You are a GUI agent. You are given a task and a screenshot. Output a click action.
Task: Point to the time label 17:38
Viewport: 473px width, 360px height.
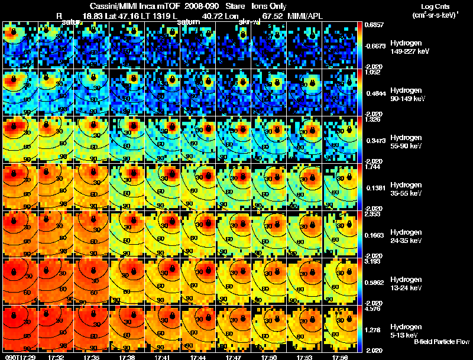coord(125,356)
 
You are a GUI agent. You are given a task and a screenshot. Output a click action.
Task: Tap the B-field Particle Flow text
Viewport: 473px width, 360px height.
coord(442,342)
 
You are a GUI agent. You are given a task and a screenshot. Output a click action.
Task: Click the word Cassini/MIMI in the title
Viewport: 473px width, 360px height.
coord(113,5)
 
